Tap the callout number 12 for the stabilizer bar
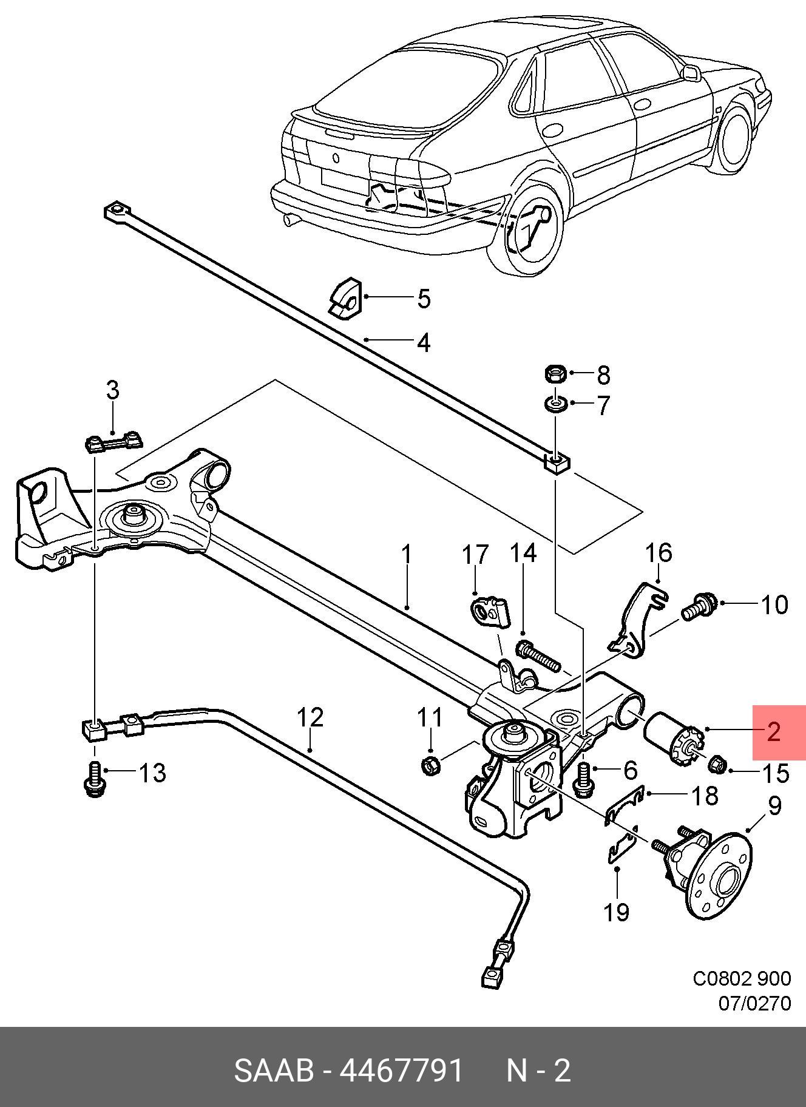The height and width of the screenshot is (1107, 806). coord(310,717)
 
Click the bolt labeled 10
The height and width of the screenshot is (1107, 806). coord(700,606)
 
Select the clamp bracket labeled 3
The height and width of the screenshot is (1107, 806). coord(113,441)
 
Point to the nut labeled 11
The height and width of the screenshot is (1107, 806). coord(430,766)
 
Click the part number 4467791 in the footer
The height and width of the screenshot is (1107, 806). coord(402,1072)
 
